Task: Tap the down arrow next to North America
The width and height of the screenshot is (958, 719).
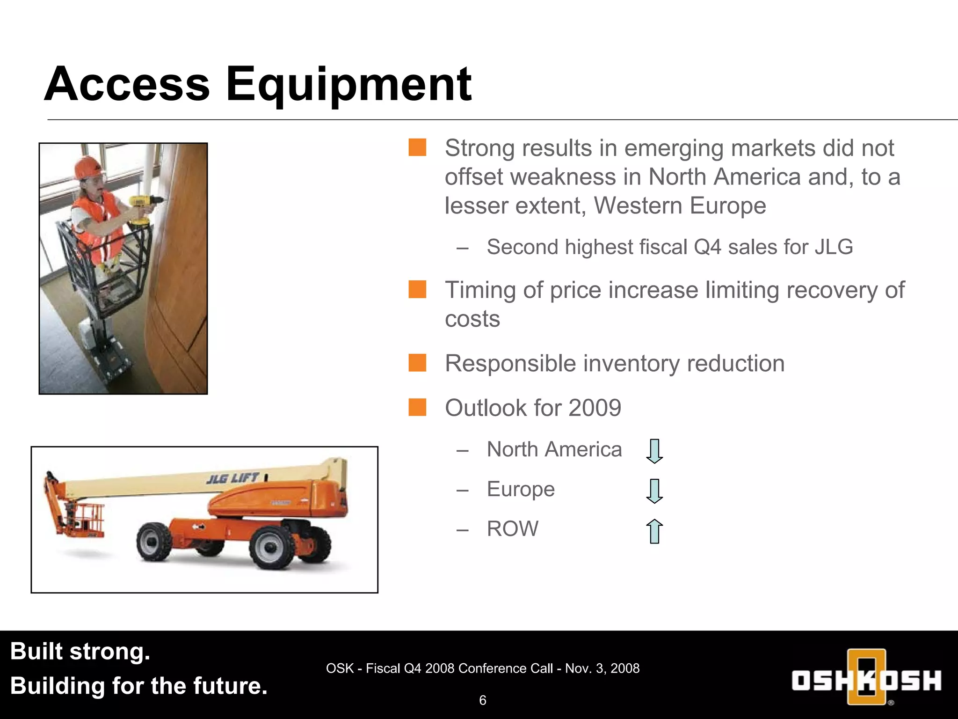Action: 654,451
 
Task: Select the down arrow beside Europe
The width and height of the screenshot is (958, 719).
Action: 654,491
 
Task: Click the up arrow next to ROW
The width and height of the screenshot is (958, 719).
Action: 654,531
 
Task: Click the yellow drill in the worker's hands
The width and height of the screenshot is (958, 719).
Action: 142,206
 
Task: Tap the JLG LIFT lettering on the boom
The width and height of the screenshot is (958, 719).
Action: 232,478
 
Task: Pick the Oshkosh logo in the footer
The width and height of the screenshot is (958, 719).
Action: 866,679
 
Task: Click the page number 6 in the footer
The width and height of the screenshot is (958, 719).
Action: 483,700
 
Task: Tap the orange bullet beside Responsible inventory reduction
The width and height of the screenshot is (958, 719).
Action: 417,363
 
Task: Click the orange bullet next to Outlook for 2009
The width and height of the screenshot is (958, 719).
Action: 417,407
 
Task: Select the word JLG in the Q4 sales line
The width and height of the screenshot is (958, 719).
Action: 834,247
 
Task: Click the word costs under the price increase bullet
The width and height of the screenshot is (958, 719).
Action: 472,319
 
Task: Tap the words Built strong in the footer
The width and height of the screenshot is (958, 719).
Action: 80,651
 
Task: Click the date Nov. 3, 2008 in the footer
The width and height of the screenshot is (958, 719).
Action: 602,668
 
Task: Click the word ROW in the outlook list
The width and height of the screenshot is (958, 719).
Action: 512,529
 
